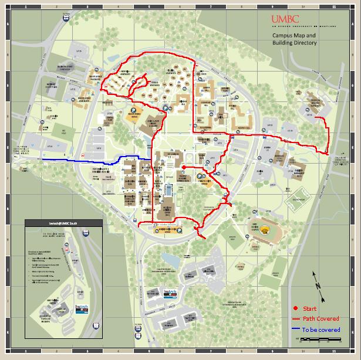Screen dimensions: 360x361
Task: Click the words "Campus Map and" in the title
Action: click(293, 35)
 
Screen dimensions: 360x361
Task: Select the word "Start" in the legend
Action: click(309, 308)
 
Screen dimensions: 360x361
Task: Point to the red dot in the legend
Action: click(296, 308)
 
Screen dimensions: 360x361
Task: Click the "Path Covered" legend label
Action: click(320, 319)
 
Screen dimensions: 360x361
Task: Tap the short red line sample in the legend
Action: click(296, 319)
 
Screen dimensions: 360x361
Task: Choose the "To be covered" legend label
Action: click(321, 330)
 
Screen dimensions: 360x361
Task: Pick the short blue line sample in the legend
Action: click(296, 330)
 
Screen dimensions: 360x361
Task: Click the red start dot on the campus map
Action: click(184, 168)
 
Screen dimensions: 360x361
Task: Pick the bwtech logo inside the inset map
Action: click(81, 307)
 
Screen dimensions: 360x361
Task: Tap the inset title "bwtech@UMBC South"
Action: click(63, 225)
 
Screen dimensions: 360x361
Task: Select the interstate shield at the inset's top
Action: click(86, 233)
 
